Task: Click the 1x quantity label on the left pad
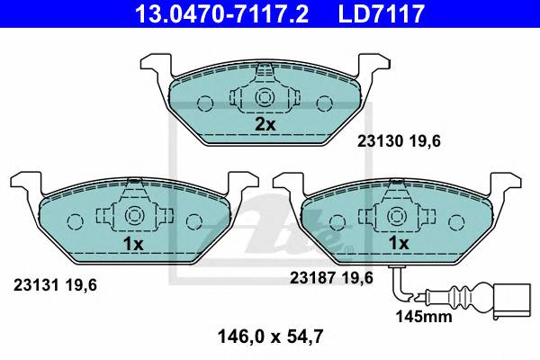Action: (133, 243)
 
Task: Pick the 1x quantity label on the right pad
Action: (398, 243)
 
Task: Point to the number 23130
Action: (377, 141)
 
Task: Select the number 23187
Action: (311, 278)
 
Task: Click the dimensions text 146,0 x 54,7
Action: (269, 338)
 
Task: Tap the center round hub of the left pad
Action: (133, 216)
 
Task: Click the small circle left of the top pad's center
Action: (204, 102)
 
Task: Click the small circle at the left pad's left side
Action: (75, 220)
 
